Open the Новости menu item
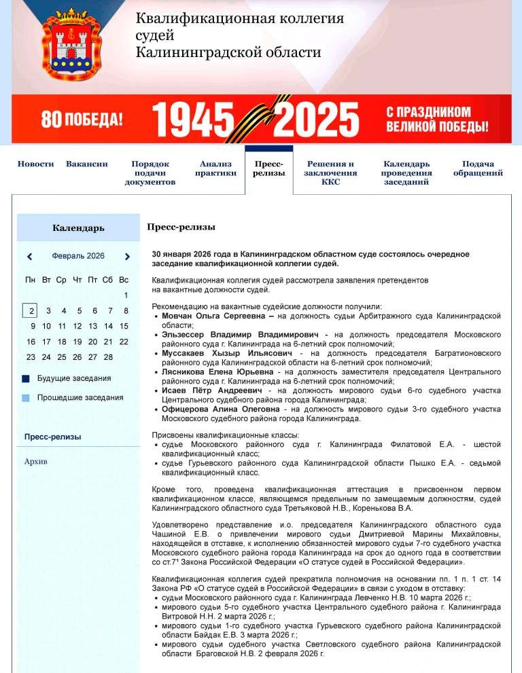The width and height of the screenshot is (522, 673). tap(35, 164)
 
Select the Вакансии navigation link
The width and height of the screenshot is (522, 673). tap(87, 164)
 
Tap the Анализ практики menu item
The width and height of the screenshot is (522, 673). tap(215, 168)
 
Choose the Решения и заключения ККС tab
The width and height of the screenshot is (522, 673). tap(330, 172)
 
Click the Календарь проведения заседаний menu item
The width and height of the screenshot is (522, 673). tap(406, 172)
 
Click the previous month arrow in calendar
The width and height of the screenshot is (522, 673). tap(30, 257)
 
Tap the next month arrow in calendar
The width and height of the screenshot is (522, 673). tap(127, 257)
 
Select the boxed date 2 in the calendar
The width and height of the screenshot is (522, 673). tap(30, 311)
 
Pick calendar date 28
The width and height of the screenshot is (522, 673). tap(108, 357)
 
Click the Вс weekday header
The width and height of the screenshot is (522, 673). tap(124, 280)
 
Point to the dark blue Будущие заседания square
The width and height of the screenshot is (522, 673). tap(26, 379)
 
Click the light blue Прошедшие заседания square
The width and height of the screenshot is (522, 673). tap(26, 398)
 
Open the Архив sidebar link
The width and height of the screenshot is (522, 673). tap(36, 462)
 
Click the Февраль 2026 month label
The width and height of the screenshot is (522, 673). tap(78, 256)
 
